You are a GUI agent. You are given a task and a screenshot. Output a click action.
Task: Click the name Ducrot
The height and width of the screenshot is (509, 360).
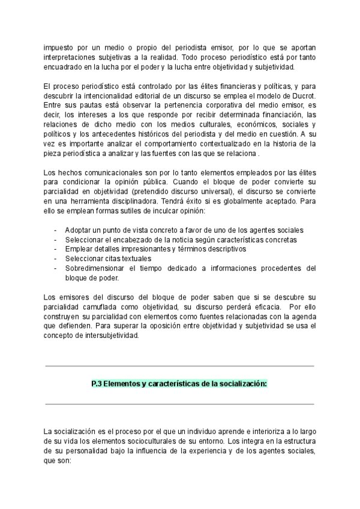[x=302, y=97]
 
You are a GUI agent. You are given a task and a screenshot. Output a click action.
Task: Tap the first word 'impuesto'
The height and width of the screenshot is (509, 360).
[x=58, y=47]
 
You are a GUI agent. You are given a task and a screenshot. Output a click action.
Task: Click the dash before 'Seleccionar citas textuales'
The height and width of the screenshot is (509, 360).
[x=56, y=259]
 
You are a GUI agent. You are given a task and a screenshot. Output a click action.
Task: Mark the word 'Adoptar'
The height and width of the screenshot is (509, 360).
[x=79, y=230]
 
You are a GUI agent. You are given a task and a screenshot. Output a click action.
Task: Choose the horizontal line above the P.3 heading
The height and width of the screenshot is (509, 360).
[x=179, y=366]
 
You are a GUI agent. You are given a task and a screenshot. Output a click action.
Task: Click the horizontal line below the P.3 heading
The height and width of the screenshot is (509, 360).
[x=179, y=404]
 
